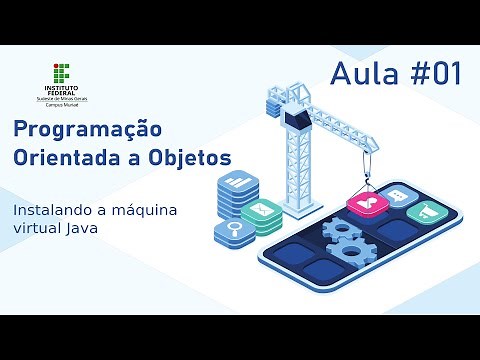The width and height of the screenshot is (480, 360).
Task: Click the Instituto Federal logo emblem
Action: coord(63,76)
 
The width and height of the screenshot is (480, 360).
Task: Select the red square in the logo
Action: coord(57,67)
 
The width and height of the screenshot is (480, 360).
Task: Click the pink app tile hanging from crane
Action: coord(366,205)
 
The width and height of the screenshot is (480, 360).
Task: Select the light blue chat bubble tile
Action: coord(397,197)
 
